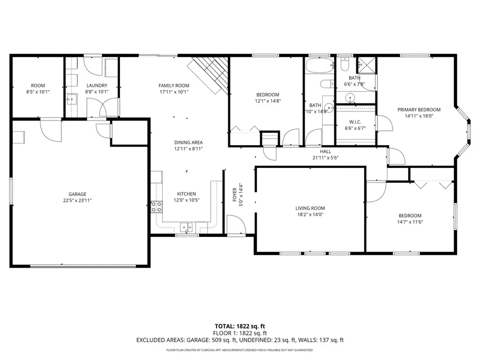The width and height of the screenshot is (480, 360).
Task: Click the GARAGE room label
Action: (77, 194)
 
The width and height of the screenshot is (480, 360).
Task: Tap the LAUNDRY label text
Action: (97, 85)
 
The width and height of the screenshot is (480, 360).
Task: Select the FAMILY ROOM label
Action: (174, 85)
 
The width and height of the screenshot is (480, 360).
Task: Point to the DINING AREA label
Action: (189, 142)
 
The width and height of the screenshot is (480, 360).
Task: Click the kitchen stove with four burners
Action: (156, 207)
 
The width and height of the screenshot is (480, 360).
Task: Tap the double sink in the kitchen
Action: (186, 227)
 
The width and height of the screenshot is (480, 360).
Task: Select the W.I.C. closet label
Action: (355, 122)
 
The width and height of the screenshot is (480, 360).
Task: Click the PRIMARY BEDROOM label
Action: (419, 109)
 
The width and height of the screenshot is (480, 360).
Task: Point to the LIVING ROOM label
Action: (310, 208)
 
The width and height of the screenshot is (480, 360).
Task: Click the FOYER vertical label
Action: (235, 195)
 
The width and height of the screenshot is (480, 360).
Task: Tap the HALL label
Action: (325, 151)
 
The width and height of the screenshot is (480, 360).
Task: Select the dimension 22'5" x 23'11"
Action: (77, 201)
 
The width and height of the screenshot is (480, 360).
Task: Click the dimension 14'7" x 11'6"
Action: (410, 222)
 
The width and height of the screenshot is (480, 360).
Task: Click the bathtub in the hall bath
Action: (319, 65)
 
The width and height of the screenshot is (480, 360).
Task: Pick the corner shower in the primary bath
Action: (366, 65)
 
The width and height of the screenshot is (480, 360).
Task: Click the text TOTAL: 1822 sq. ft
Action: (239, 326)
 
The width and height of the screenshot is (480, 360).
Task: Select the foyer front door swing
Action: (236, 225)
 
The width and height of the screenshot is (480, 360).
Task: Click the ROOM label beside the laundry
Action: (38, 85)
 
